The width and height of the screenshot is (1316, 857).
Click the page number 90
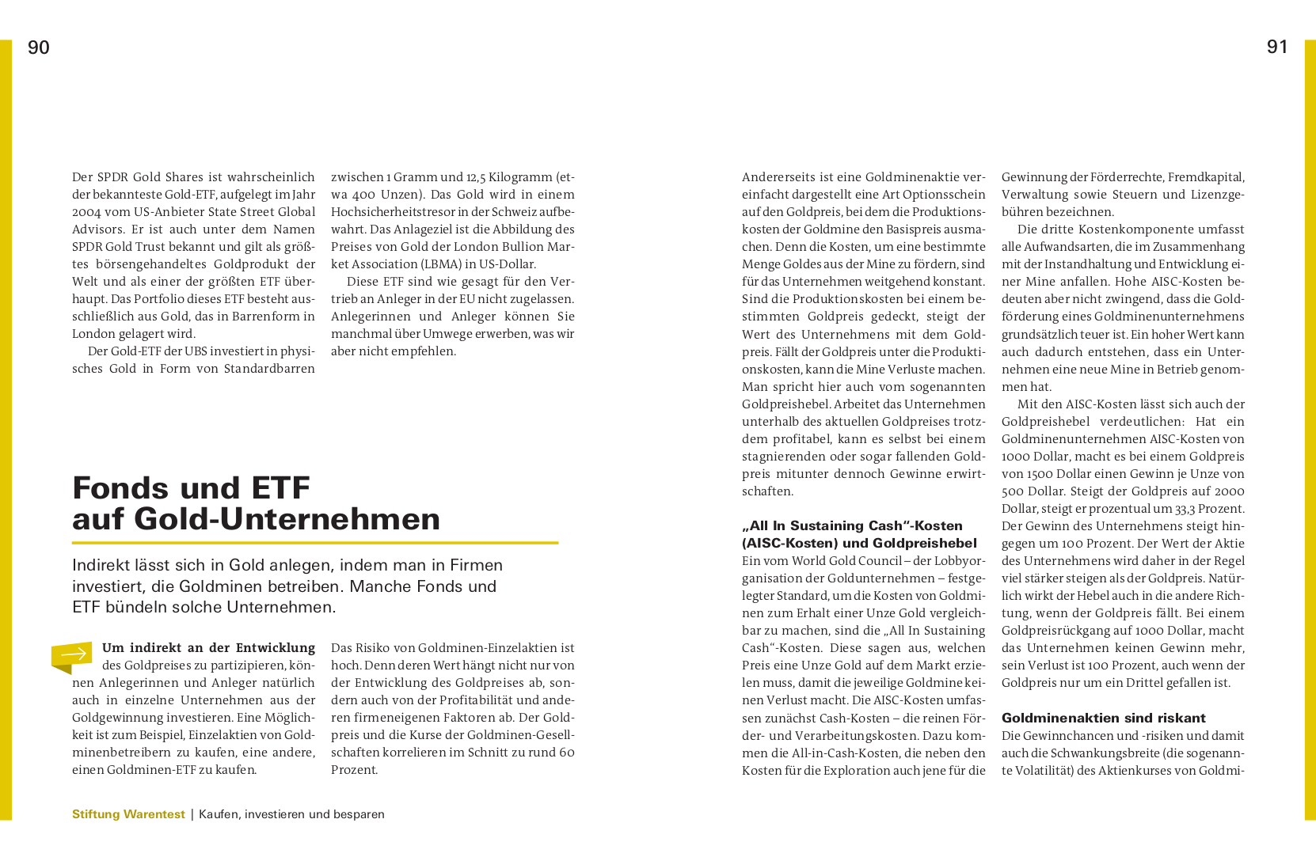tap(39, 47)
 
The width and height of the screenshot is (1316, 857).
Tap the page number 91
tap(1277, 47)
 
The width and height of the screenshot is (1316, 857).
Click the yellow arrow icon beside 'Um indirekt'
tap(72, 655)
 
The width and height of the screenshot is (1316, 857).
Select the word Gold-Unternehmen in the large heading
tap(287, 519)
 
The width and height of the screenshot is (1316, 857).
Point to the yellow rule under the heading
tap(315, 543)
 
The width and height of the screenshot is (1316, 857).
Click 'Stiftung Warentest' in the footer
tap(128, 814)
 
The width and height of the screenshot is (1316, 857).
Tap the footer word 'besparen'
tap(359, 814)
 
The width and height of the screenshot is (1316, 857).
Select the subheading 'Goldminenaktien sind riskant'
tap(1103, 718)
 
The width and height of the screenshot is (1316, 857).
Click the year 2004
tap(86, 212)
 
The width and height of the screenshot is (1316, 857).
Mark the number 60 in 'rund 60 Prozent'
tap(567, 753)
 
